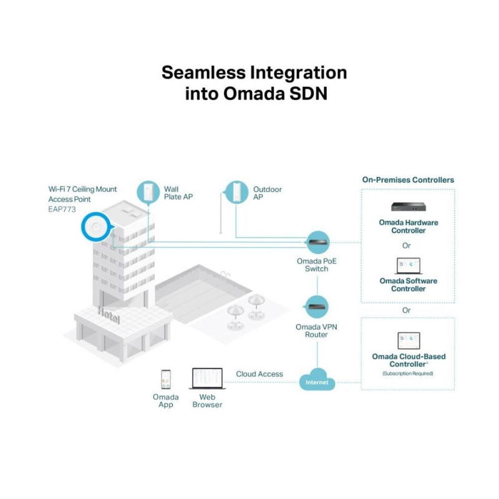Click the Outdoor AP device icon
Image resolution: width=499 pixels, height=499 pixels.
coord(235,192)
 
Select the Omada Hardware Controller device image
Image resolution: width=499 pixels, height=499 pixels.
coord(408,207)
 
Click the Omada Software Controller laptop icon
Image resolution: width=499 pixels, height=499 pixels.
coord(408,266)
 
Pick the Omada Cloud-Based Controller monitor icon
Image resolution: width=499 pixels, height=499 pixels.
coord(408,341)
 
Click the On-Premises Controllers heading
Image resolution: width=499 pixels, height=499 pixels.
coord(408,180)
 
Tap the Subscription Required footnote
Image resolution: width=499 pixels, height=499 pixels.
coord(408,373)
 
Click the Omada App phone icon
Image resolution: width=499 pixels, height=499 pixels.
coord(165,379)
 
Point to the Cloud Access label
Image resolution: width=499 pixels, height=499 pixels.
coord(259,374)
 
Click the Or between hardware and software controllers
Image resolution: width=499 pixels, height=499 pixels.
coord(407,246)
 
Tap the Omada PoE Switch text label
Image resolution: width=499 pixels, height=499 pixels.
coord(316,264)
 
